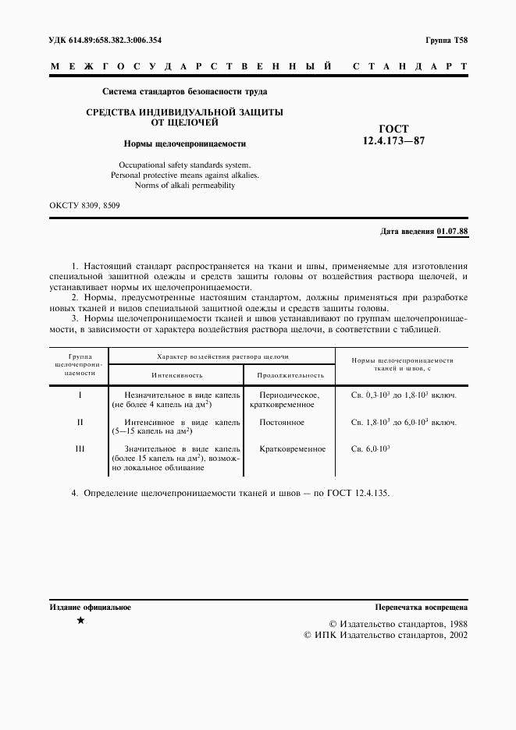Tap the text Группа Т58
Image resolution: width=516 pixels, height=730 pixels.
click(447, 40)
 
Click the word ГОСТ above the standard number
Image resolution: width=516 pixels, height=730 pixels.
click(393, 129)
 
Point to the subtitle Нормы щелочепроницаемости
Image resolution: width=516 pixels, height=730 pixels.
click(185, 144)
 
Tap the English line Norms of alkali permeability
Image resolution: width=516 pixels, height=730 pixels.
click(185, 186)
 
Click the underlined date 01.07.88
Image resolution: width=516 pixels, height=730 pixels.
click(452, 232)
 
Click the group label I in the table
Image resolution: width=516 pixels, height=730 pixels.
click(80, 395)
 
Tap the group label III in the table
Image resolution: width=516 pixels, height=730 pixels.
click(80, 449)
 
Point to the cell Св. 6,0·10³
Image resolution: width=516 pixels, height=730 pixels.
click(371, 450)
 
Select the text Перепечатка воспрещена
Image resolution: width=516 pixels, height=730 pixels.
click(421, 607)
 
